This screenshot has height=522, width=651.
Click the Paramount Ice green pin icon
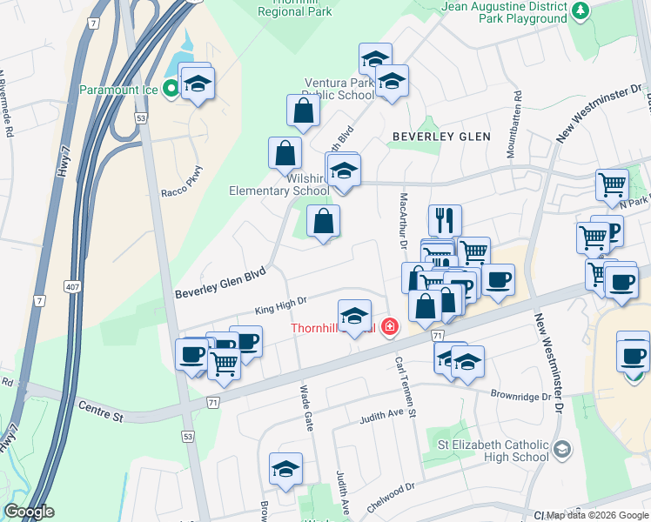(171, 89)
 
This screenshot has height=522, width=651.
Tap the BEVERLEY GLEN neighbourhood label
(441, 137)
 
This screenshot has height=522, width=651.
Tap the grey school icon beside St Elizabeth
(561, 449)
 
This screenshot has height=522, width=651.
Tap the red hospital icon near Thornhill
(390, 327)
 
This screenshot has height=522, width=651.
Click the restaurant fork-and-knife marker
(445, 219)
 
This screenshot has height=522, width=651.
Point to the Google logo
(29, 512)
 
